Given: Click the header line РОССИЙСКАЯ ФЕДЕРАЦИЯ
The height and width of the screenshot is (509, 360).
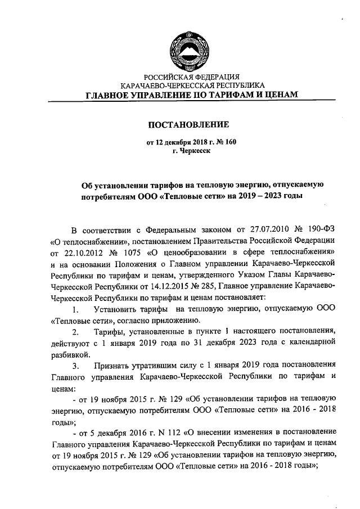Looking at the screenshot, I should point(192,76).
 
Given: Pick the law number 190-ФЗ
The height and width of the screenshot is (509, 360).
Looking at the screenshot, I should point(320,231).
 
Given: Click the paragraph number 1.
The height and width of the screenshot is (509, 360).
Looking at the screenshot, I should point(75,310).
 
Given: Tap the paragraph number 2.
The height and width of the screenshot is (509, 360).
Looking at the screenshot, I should point(75,332).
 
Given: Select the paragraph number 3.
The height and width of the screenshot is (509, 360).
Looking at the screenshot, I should point(75,366).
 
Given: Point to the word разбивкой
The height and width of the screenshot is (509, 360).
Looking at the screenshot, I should point(70,354).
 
